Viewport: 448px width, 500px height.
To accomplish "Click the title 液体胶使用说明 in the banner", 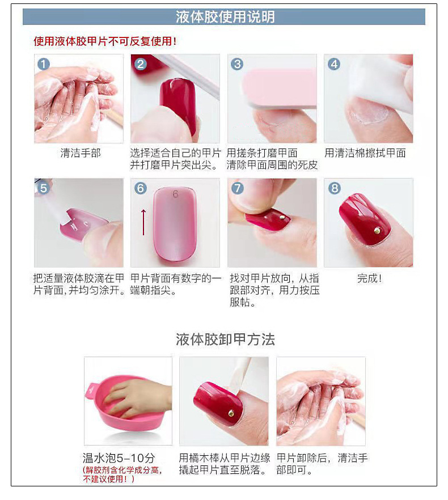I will [x=225, y=17].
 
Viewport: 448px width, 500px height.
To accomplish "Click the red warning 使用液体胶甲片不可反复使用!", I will [x=105, y=41].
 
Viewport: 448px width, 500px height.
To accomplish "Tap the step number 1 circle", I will [x=44, y=64].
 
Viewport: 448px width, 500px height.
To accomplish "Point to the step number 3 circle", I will [x=237, y=64].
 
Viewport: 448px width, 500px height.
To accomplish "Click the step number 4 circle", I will [x=333, y=64].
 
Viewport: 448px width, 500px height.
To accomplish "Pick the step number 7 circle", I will [x=237, y=188].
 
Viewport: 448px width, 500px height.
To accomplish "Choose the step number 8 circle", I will [x=334, y=188].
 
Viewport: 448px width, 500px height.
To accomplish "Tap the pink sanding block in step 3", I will [x=279, y=87].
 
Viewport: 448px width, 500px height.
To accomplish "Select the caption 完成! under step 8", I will [x=369, y=278].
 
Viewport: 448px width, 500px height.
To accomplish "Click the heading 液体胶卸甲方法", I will [x=225, y=340].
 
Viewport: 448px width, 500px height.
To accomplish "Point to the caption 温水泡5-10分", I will [x=119, y=458].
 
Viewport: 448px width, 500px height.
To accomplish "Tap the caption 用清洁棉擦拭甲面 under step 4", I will [x=365, y=153].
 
